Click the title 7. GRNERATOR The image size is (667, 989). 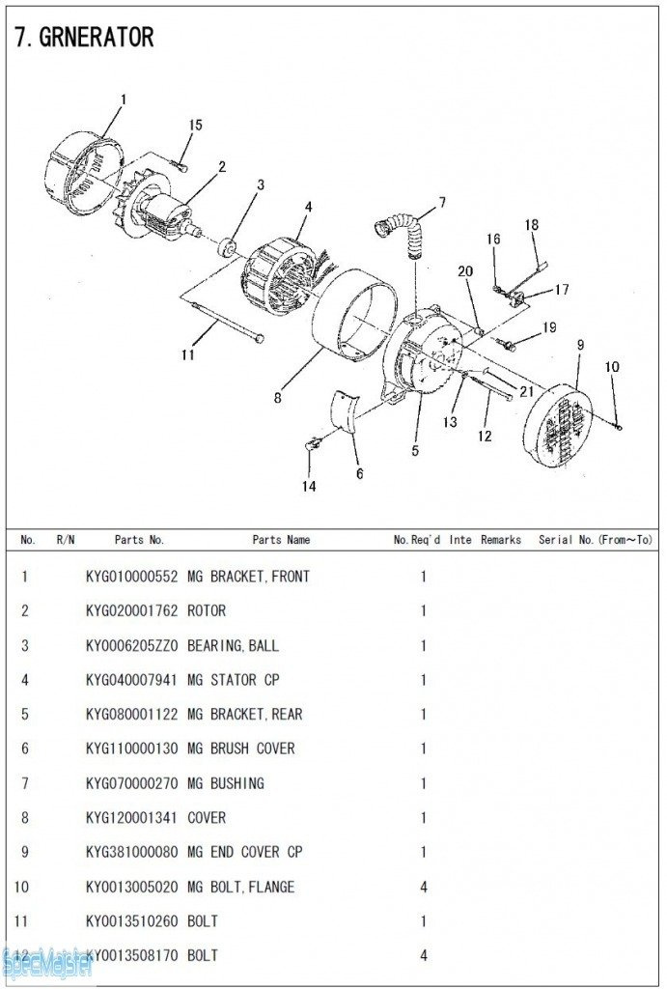pyautogui.click(x=84, y=38)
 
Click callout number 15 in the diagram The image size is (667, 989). pyautogui.click(x=196, y=126)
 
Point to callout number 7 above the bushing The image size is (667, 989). pyautogui.click(x=442, y=203)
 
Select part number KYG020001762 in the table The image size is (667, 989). pyautogui.click(x=131, y=611)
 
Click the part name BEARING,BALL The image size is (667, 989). pyautogui.click(x=233, y=645)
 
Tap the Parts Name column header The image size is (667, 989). pyautogui.click(x=281, y=540)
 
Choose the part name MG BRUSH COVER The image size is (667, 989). pyautogui.click(x=240, y=749)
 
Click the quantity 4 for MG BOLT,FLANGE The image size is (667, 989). pyautogui.click(x=423, y=887)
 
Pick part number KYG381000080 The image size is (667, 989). pyautogui.click(x=131, y=852)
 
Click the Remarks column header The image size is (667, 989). pyautogui.click(x=501, y=540)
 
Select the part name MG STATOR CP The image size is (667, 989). pyautogui.click(x=233, y=680)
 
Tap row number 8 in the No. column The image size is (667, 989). pyautogui.click(x=25, y=818)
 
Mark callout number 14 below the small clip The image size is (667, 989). pyautogui.click(x=309, y=487)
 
